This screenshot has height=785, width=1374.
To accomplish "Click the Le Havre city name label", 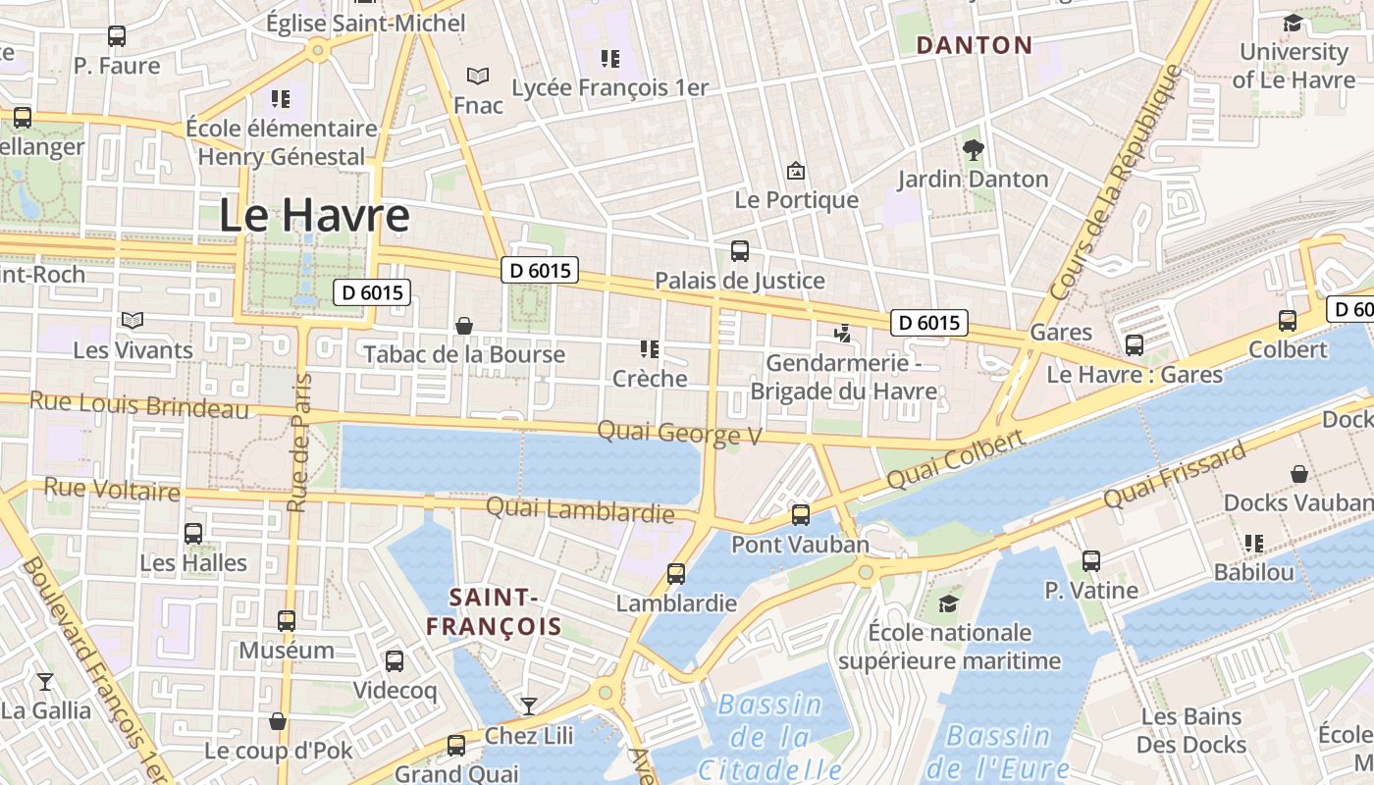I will tap(313, 215).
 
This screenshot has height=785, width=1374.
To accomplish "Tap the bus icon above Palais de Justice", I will tap(740, 251).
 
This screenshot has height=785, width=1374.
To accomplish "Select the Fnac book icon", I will tap(478, 76).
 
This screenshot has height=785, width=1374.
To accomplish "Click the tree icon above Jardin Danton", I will tap(973, 150).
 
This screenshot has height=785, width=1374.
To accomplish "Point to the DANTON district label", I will tap(974, 45).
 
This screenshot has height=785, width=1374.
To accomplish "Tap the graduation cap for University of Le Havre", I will tap(1293, 23).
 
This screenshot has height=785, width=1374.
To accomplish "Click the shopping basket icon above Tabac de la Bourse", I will tap(464, 325).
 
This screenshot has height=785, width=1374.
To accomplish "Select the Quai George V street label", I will tap(679, 432).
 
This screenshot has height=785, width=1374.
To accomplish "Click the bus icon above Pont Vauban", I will tap(801, 514).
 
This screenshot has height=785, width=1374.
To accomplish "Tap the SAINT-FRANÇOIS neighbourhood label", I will tap(494, 611).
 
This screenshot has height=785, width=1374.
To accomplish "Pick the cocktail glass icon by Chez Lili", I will tap(529, 706).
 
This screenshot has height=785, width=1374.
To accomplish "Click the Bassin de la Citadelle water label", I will tap(771, 736).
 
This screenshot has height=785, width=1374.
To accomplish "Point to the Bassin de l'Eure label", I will tap(998, 751).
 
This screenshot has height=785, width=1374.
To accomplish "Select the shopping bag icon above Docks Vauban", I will tap(1299, 474).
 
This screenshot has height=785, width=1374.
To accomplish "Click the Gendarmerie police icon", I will tap(841, 334).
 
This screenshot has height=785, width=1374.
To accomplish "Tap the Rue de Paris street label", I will tap(299, 442).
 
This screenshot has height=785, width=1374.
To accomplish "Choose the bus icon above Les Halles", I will tap(193, 534).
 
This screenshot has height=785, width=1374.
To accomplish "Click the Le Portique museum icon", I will tap(796, 171).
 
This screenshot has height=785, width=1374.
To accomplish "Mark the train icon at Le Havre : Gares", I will tap(1135, 345).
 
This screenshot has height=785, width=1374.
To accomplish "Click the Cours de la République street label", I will tap(1116, 183).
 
